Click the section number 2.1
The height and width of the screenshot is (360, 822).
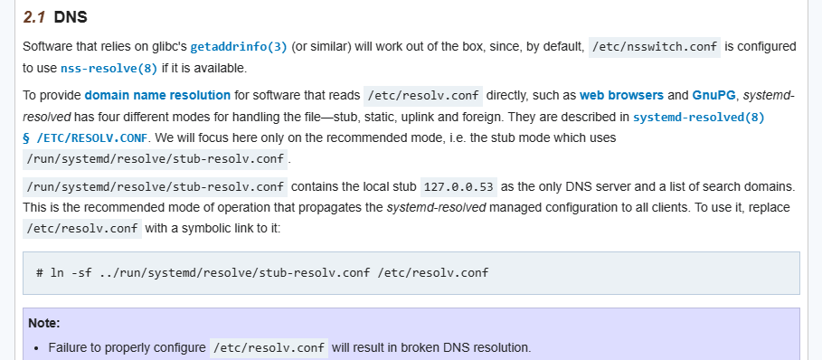click(34, 17)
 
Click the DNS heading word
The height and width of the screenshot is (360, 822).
click(71, 17)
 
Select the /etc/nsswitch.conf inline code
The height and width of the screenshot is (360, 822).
click(654, 47)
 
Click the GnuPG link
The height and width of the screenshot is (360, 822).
click(714, 95)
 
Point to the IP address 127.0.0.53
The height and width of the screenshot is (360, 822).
click(459, 186)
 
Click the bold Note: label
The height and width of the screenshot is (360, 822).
click(43, 322)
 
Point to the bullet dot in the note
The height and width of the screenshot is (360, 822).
click(34, 347)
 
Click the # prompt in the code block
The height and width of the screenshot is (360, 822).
click(41, 272)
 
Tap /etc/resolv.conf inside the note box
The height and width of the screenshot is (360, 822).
click(269, 347)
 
